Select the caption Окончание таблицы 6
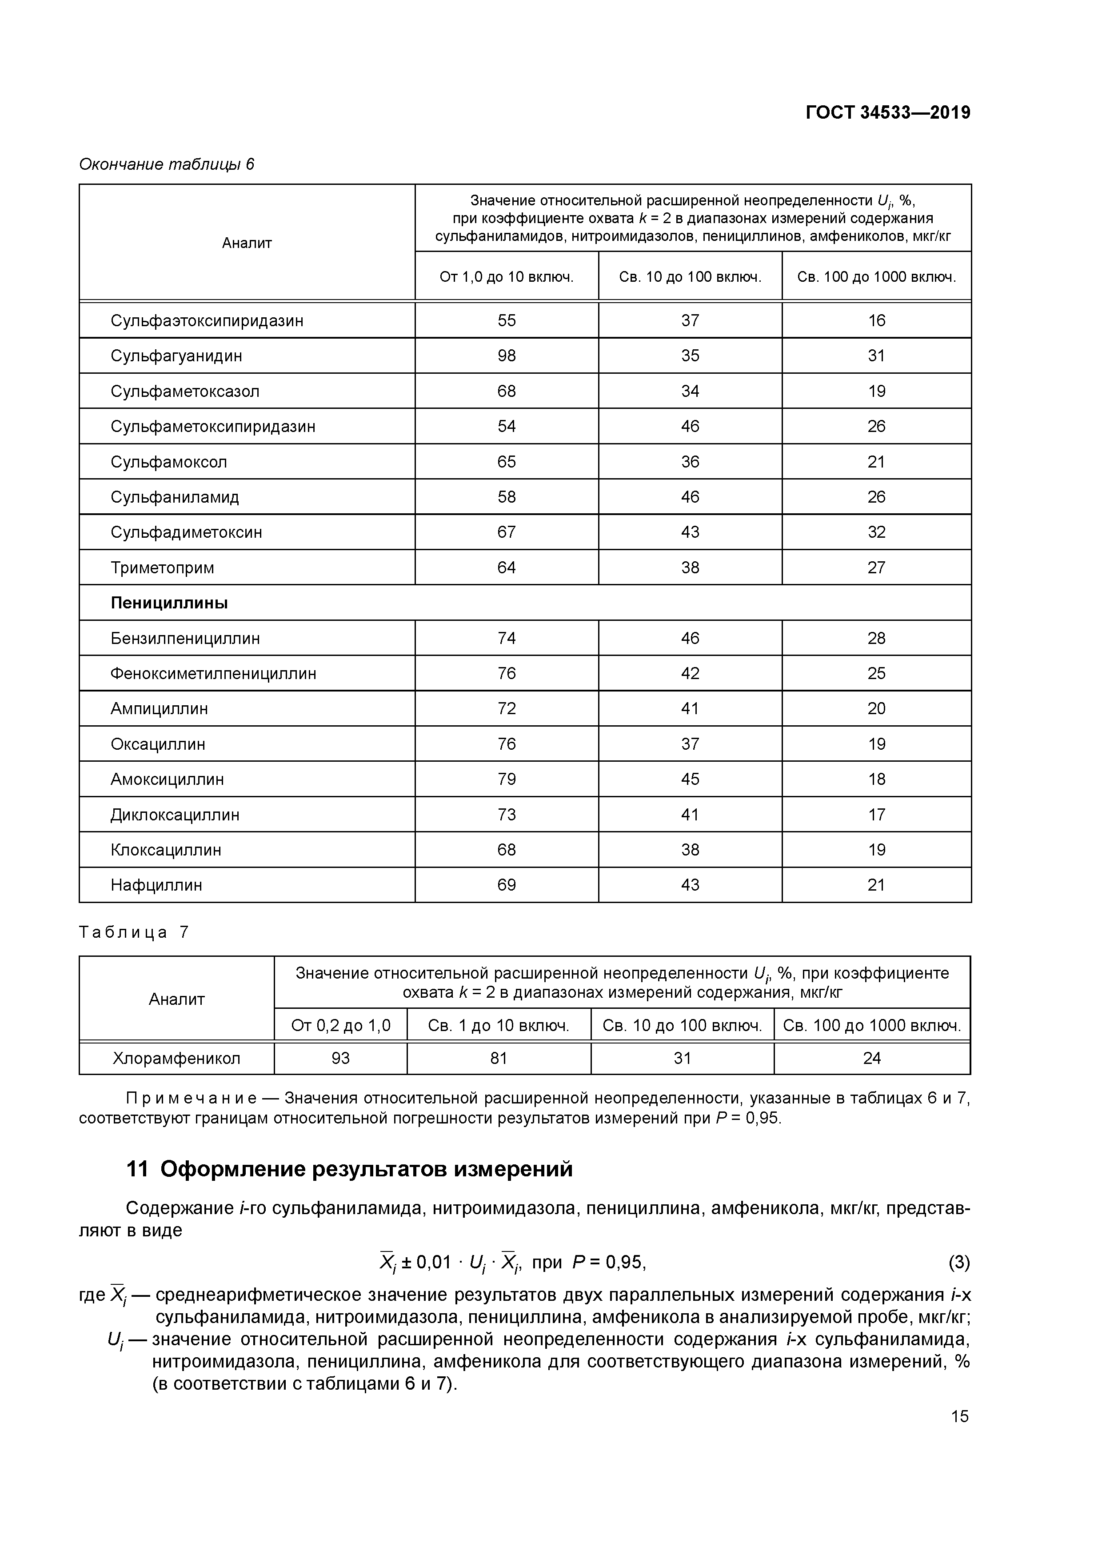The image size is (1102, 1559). [166, 164]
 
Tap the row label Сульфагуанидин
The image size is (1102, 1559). [176, 356]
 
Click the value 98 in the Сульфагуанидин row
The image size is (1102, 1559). [507, 356]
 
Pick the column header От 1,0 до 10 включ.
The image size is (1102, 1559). [507, 277]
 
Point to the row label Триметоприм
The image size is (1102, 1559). [162, 568]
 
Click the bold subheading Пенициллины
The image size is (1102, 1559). [169, 603]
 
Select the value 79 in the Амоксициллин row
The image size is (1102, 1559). [507, 779]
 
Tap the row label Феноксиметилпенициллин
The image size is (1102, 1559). [213, 674]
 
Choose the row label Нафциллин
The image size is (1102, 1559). [156, 885]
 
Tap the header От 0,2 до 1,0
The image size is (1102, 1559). [340, 1025]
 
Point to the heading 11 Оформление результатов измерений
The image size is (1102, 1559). [350, 1169]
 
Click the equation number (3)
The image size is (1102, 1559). [958, 1262]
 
